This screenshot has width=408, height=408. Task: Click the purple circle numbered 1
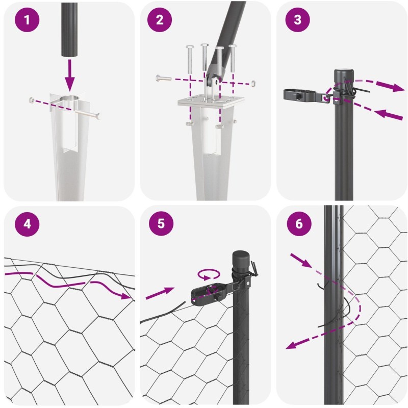point(27,20)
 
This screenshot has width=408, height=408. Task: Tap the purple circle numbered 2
point(160,20)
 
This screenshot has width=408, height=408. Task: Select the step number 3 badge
point(298,20)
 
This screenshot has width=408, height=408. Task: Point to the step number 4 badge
point(27,224)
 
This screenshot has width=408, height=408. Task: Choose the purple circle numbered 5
point(161,223)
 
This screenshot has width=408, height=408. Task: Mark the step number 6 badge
point(299,223)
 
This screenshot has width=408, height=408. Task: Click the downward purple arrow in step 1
point(70,75)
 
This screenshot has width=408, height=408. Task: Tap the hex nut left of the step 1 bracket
point(31,99)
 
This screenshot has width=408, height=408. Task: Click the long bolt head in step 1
point(98,116)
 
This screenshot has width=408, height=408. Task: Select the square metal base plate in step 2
point(211,100)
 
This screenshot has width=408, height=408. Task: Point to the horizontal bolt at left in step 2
point(164,78)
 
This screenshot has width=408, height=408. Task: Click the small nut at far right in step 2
point(253,83)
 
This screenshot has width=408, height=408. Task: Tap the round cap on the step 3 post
point(343,74)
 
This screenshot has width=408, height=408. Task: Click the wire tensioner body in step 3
point(304,95)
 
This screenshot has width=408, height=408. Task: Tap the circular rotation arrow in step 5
point(209,275)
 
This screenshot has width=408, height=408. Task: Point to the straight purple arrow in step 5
point(160,293)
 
